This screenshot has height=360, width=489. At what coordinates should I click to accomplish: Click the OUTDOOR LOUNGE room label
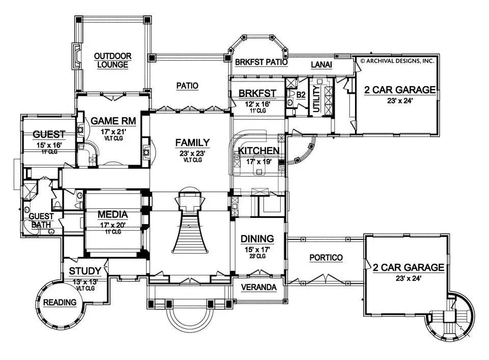(113, 61)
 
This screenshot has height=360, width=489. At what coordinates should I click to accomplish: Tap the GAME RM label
(108, 121)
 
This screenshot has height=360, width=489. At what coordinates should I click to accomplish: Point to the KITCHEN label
(259, 150)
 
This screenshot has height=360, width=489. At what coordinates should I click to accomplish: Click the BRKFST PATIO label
(261, 63)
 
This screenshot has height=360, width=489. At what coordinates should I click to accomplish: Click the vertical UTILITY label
(316, 99)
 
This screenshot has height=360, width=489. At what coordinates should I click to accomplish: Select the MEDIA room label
(113, 214)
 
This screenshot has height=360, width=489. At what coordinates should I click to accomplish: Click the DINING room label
(257, 238)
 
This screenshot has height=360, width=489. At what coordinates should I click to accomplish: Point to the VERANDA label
(259, 287)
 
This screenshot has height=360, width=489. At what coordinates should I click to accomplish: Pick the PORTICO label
(326, 258)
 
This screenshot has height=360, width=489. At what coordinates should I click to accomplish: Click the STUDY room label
(84, 270)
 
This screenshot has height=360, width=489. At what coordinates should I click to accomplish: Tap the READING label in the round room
(60, 302)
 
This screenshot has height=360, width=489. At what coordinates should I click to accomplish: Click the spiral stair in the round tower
(451, 316)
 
